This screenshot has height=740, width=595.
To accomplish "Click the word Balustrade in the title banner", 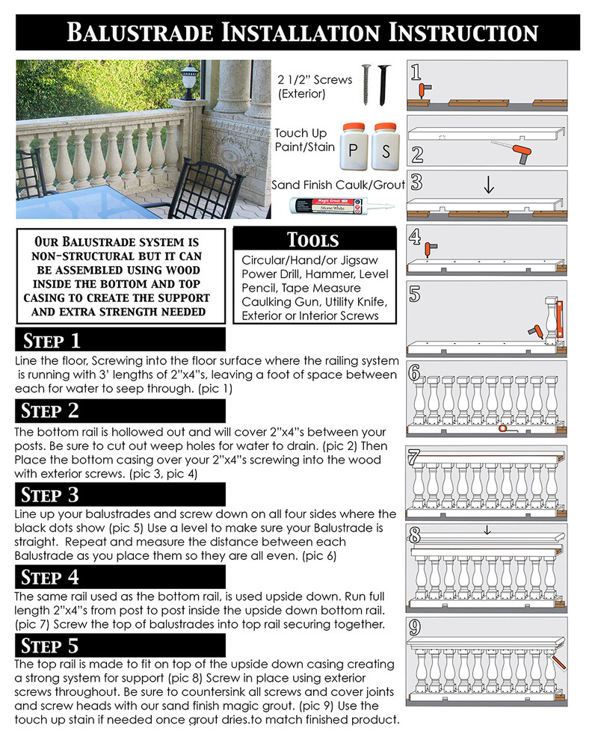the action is coord(140,33).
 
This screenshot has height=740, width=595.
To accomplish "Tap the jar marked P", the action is coord(354,147).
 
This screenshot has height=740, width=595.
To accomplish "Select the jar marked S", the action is coord(386,147).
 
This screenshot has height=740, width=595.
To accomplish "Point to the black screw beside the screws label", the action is coord(384,85).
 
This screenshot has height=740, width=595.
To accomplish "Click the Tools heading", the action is coord(313,240).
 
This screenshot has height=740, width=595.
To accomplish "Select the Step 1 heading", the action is coord(52,341).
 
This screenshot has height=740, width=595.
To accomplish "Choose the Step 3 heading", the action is coord(49,495).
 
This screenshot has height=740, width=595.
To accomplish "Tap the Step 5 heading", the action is coord(49,646).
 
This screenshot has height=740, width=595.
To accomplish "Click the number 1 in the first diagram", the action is coord(416,73).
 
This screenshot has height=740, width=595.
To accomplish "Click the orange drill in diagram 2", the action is coord(521,154).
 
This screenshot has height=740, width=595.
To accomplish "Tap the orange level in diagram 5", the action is coord(560,319).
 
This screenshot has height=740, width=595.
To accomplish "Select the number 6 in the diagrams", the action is coord(414,373).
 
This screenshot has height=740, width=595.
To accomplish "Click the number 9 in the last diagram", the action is coord(415,628).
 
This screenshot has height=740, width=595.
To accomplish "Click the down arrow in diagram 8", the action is coord(487,531).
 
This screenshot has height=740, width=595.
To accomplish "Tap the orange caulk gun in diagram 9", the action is coord(558,661).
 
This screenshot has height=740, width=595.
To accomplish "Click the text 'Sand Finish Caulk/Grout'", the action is coord(338,185).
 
